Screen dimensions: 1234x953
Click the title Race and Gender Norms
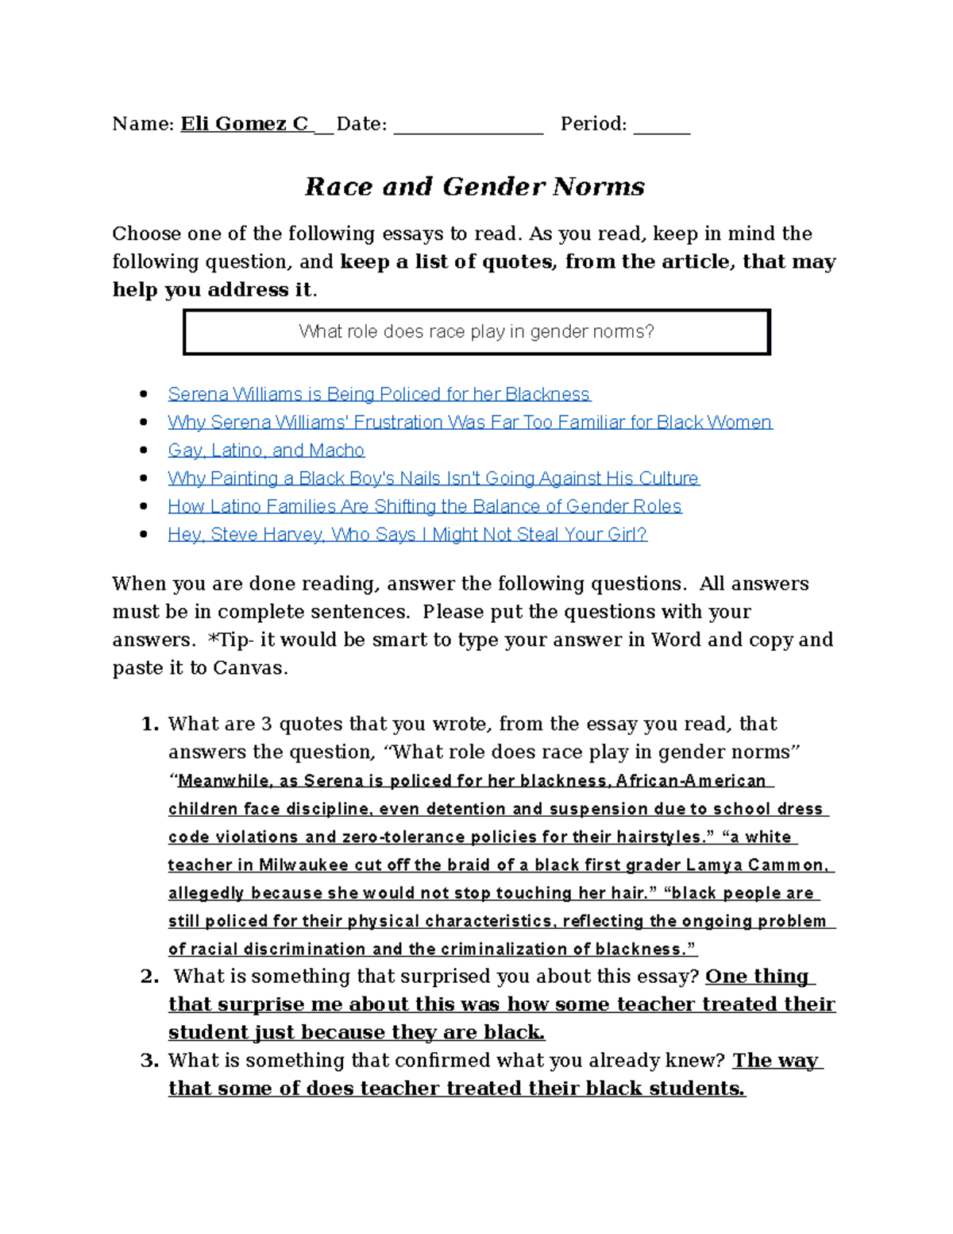coord(475,187)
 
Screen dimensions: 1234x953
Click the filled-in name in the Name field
coord(245,124)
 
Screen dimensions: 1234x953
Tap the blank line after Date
coord(468,127)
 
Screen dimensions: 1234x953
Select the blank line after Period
coord(662,127)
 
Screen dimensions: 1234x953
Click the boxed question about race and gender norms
coord(476,332)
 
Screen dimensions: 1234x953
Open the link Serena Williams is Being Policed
coord(379,394)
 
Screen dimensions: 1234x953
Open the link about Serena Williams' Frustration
coord(469,422)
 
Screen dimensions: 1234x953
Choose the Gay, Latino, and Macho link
coord(266,451)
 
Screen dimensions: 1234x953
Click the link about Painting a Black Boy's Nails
coord(433,478)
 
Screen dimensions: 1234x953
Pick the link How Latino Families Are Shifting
coord(424,506)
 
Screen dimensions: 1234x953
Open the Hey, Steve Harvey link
coord(407,535)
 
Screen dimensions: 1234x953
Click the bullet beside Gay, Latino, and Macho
coord(144,451)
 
